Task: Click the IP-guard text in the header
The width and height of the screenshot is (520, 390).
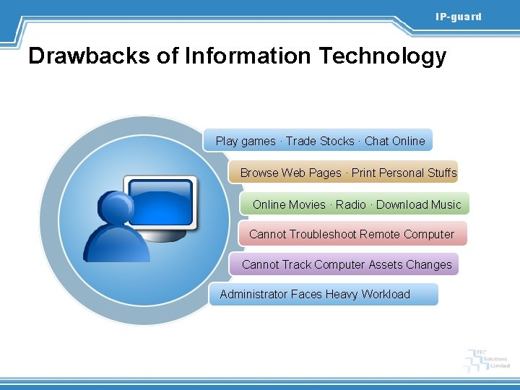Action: click(x=458, y=17)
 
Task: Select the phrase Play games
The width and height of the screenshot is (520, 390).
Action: click(x=246, y=141)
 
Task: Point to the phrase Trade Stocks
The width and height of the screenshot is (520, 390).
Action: click(x=320, y=141)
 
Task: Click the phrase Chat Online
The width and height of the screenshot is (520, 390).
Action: click(x=395, y=141)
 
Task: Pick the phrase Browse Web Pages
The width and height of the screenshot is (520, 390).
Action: click(x=290, y=173)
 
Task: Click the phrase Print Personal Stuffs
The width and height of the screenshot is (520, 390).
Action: click(x=404, y=173)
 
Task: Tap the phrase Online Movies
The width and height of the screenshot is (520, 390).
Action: click(x=289, y=204)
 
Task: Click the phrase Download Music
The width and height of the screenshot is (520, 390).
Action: click(x=418, y=204)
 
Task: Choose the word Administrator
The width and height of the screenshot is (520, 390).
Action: click(x=253, y=294)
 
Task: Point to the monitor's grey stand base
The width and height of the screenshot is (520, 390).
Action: click(x=168, y=238)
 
